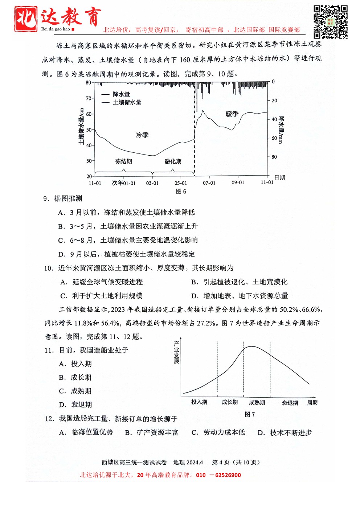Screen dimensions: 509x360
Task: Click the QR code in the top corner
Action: point(330,22)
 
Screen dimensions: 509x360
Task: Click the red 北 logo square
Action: point(26,19)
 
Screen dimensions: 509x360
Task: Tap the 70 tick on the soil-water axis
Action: point(89,98)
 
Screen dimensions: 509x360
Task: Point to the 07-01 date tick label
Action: point(209,183)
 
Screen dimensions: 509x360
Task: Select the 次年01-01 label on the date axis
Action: point(124,183)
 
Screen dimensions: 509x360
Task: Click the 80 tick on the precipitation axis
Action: point(274,157)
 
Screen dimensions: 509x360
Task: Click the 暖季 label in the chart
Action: point(232,114)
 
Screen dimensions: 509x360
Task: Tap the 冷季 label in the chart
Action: point(142,135)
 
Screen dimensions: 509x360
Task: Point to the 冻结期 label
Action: point(123,161)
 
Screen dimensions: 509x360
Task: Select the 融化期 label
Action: point(173,161)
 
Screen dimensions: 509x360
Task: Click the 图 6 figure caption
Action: point(181,192)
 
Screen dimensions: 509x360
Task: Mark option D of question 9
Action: point(127,254)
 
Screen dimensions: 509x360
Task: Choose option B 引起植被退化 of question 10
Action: point(240,282)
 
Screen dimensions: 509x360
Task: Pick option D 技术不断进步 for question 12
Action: point(285,432)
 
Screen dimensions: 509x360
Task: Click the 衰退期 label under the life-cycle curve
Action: point(290,403)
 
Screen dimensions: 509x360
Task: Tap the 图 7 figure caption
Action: point(250,414)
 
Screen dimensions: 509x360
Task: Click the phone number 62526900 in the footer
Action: point(228,475)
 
